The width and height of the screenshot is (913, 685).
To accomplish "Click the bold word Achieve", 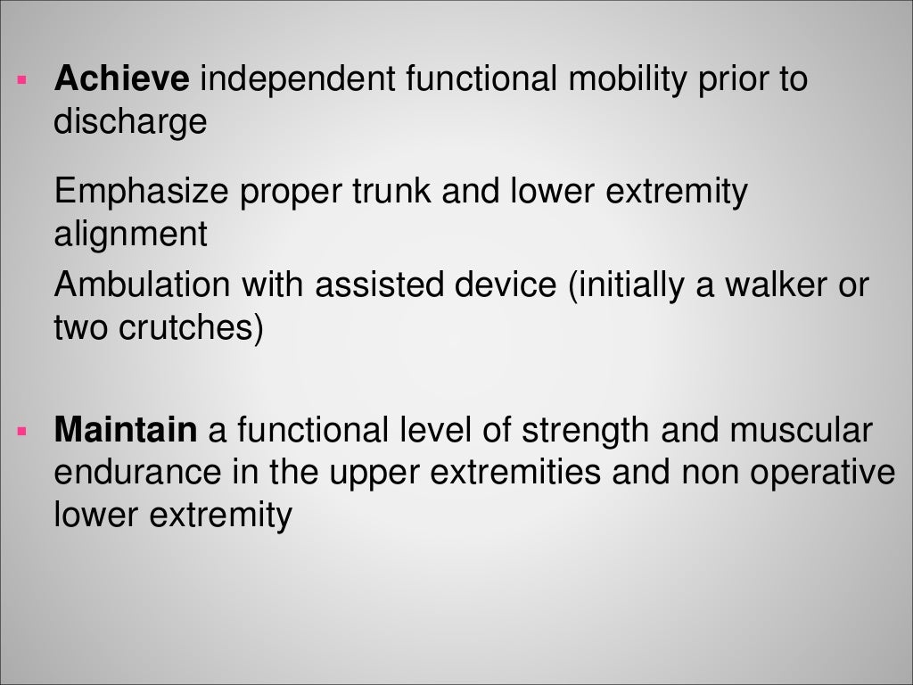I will pos(121,80).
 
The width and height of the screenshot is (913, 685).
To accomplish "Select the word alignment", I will pos(130,234).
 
